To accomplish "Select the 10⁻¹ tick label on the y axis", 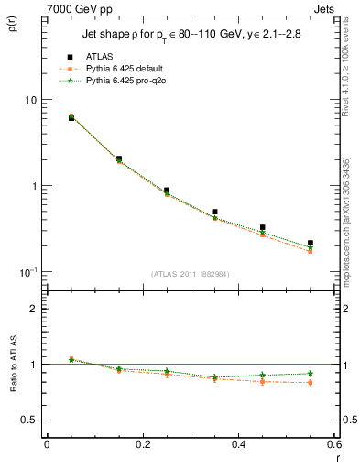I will [27, 272].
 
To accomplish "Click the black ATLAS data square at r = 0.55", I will [311, 244].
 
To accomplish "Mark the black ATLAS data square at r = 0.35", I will [214, 212].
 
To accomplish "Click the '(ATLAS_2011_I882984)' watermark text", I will [191, 274].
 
